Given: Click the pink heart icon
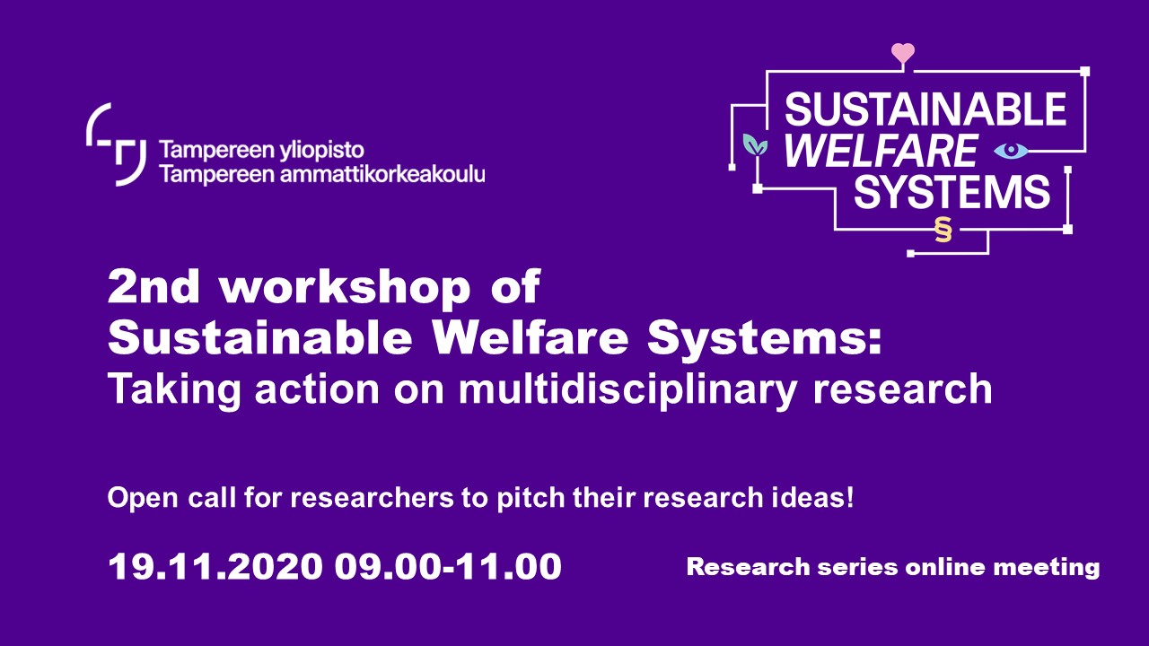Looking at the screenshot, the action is pos(903,53).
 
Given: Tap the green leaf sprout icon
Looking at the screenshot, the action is pos(756,145).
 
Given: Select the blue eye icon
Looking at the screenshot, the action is pos(1011,151).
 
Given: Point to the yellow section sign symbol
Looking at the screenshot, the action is pos(943,230).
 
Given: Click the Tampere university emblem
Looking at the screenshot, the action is pos(117,144).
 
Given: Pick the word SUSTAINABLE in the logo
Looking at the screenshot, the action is pos(925,109).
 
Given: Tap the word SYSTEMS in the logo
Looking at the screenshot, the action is pos(952,192).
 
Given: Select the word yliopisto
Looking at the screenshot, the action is pos(321,151).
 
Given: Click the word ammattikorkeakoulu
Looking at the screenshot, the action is pos(382,174).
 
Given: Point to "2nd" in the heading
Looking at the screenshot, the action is pos(153,286).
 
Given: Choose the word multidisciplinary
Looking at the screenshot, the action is pos(627,390).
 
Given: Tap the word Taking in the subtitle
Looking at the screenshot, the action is pos(174,390).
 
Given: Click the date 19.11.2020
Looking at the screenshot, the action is pos(215,566).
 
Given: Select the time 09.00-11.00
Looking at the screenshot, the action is pos(448,566).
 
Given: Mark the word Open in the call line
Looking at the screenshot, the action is pos(143,498).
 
